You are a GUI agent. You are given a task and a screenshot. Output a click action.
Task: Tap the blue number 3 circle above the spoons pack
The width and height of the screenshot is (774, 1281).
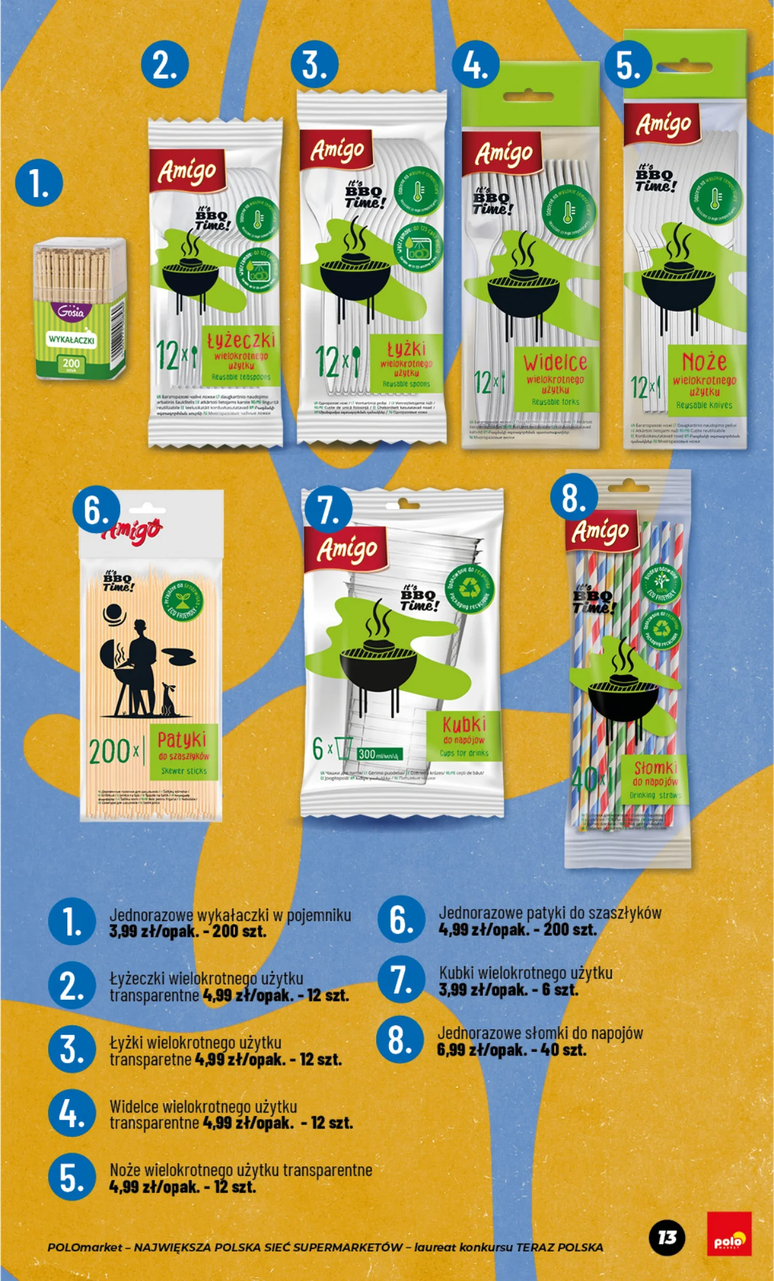[314, 65]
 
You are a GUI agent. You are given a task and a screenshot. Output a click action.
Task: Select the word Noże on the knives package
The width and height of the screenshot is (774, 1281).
[704, 362]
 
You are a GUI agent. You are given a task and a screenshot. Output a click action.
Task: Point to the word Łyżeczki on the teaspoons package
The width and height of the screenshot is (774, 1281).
[241, 340]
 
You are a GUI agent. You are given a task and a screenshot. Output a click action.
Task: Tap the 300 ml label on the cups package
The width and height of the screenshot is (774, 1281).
[379, 754]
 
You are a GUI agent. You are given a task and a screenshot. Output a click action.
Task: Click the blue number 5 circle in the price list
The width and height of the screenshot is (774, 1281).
[72, 1178]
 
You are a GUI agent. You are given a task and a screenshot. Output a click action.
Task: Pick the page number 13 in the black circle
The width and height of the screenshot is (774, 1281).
[667, 1237]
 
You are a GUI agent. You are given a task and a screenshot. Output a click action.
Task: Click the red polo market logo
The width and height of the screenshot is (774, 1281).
[729, 1234]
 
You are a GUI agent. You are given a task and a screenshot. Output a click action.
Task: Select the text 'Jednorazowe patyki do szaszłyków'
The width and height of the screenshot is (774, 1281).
[549, 913]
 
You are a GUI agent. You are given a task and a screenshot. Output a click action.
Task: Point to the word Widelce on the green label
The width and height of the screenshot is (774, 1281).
[555, 363]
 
